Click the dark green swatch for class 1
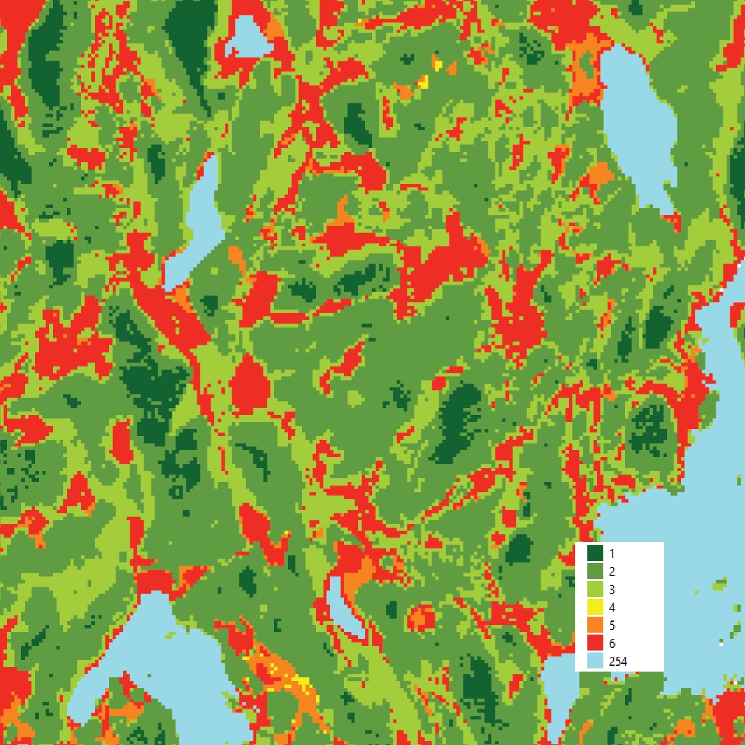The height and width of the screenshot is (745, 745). (595, 553)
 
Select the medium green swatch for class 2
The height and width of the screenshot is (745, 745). (595, 571)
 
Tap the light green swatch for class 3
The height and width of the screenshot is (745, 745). (595, 589)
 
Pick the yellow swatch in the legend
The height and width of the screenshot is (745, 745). (595, 607)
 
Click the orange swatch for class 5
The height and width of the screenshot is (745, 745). (595, 625)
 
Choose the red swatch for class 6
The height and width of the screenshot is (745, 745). (595, 643)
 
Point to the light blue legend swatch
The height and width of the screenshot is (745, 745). (595, 661)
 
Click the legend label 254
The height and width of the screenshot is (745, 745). (618, 661)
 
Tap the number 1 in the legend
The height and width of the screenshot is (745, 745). (612, 553)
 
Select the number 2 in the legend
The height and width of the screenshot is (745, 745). (612, 571)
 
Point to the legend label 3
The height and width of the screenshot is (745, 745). (612, 589)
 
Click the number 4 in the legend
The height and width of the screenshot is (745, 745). (612, 607)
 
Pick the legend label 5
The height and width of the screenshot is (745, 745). (612, 625)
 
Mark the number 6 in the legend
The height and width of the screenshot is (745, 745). (612, 643)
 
